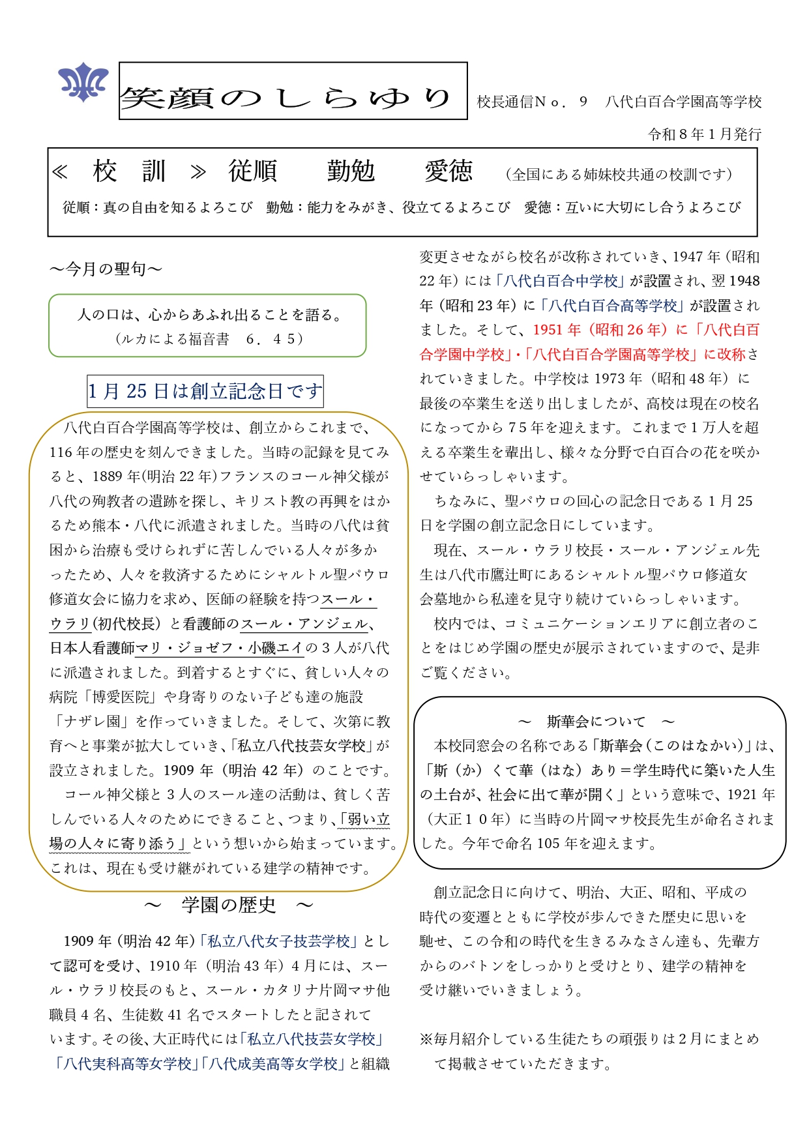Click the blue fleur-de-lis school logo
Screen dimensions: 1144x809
pyautogui.click(x=83, y=82)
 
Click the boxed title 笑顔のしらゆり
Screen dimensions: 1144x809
pyautogui.click(x=293, y=91)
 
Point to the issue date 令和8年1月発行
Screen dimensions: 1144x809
pyautogui.click(x=704, y=134)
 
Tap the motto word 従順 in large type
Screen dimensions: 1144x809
pyautogui.click(x=253, y=171)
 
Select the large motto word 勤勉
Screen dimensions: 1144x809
pyautogui.click(x=351, y=171)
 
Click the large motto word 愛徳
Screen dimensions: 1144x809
pyautogui.click(x=449, y=171)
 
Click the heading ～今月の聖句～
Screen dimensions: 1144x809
pyautogui.click(x=106, y=269)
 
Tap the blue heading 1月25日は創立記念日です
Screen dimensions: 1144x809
pyautogui.click(x=205, y=391)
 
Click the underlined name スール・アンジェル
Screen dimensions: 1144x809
pyautogui.click(x=304, y=624)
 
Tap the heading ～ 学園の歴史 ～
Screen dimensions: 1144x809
pyautogui.click(x=228, y=905)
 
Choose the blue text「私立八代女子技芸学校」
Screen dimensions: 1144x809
pyautogui.click(x=279, y=941)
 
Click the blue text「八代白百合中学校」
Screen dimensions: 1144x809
pyautogui.click(x=560, y=281)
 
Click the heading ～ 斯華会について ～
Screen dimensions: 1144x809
pyautogui.click(x=596, y=722)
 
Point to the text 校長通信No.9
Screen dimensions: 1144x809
pyautogui.click(x=532, y=102)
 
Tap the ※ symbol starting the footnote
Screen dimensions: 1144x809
pyautogui.click(x=426, y=1039)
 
